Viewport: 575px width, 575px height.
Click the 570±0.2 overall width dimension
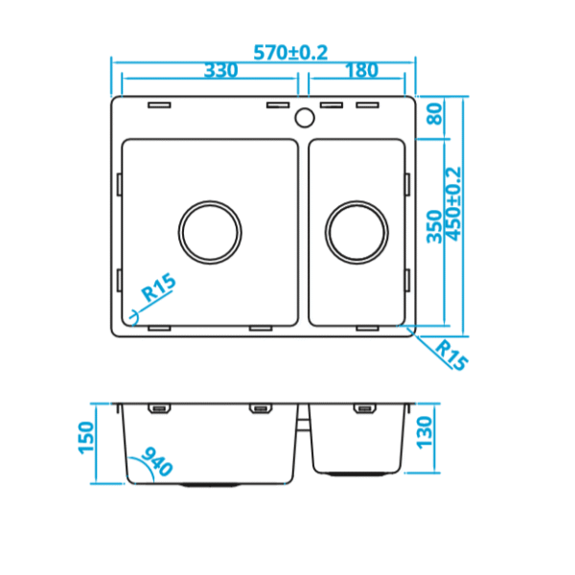coord(290,53)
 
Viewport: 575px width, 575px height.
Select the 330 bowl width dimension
coord(220,70)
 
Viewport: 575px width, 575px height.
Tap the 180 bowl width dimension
coord(361,70)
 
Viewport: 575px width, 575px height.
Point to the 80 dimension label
coord(435,114)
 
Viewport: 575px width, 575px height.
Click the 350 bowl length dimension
coord(434,226)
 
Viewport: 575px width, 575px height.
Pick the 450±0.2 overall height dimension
coord(453,204)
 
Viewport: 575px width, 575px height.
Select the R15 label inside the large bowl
coord(159,287)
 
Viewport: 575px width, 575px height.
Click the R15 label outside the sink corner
coord(451,356)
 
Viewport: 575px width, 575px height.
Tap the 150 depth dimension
coord(86,438)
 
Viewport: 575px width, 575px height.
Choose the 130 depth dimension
coord(425,432)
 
